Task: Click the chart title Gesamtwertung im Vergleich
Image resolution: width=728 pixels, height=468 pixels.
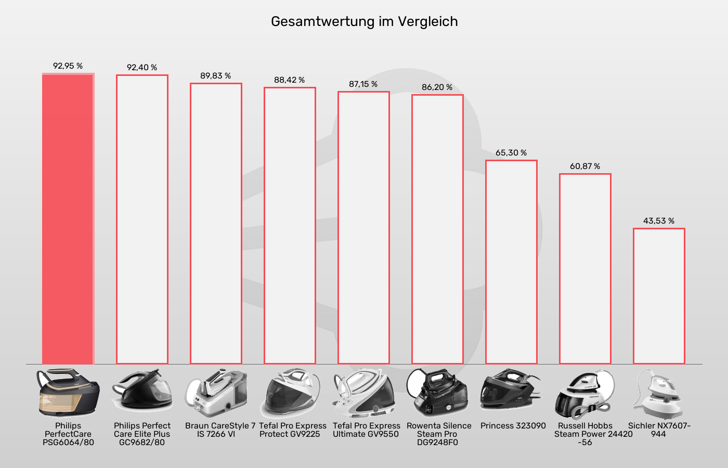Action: [364, 21]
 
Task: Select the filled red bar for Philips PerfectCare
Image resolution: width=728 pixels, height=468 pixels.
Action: [68, 218]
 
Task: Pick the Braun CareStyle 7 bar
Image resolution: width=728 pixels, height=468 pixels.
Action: [216, 224]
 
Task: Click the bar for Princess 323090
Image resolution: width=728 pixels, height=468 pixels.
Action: [511, 262]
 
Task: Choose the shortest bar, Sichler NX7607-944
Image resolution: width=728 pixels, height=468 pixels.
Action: [659, 296]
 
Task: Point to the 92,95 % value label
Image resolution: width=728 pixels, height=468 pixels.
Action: [68, 66]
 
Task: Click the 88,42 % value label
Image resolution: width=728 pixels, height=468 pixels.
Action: [290, 80]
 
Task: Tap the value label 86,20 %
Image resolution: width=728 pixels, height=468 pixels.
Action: [437, 87]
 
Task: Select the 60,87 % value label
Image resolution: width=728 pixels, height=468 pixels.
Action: [585, 166]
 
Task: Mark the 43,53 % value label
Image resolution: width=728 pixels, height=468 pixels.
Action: [659, 221]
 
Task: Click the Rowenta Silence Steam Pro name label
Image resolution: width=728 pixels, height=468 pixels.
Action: [438, 434]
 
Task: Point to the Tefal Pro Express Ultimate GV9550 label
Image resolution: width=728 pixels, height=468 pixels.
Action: [366, 430]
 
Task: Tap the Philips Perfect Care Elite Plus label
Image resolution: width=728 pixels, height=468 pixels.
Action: [142, 434]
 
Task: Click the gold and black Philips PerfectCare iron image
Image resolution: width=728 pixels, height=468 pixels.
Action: [68, 393]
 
